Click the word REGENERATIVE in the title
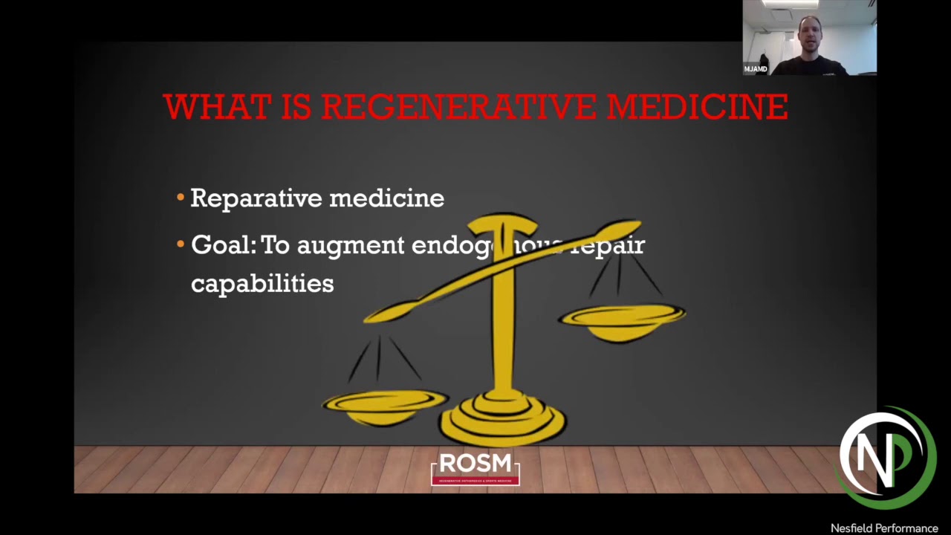[x=458, y=107]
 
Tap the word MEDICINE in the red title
[x=697, y=107]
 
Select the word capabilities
[x=262, y=284]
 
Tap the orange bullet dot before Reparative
[x=181, y=198]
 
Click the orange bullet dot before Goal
[x=181, y=244]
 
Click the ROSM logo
[x=475, y=468]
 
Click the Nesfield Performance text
[x=884, y=528]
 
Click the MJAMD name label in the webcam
[x=756, y=69]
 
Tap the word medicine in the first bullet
[x=386, y=198]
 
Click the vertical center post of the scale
[x=503, y=327]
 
